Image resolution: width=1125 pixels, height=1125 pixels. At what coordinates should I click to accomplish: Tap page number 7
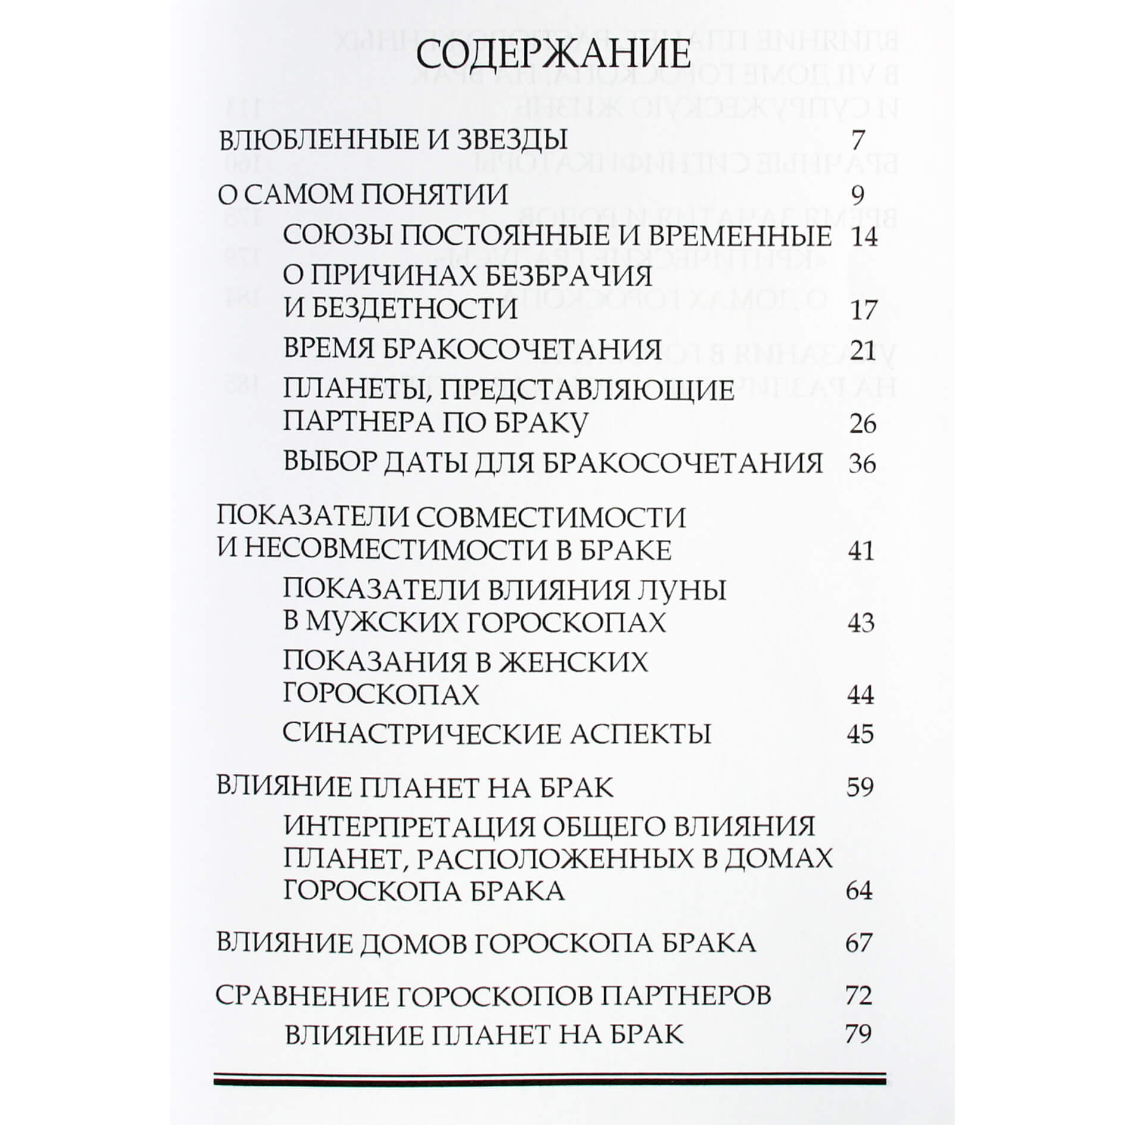[x=857, y=141]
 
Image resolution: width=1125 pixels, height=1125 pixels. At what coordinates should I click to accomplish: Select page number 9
[x=857, y=195]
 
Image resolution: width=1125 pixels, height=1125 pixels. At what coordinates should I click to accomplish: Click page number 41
[x=861, y=551]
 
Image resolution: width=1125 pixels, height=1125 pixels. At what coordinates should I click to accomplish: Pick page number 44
[x=860, y=695]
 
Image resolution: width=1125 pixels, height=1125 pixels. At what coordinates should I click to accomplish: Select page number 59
[x=860, y=787]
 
